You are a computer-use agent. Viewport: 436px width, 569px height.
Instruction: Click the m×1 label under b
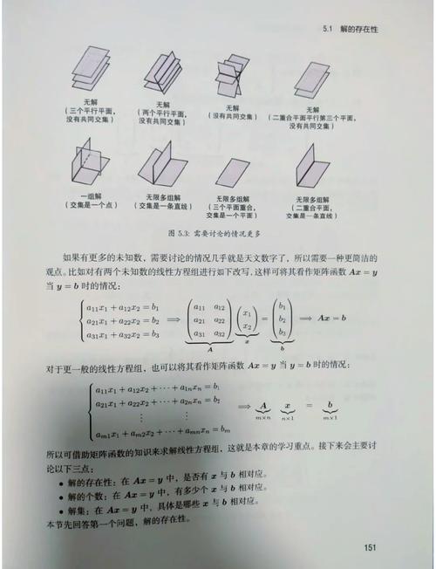pyautogui.click(x=330, y=418)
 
